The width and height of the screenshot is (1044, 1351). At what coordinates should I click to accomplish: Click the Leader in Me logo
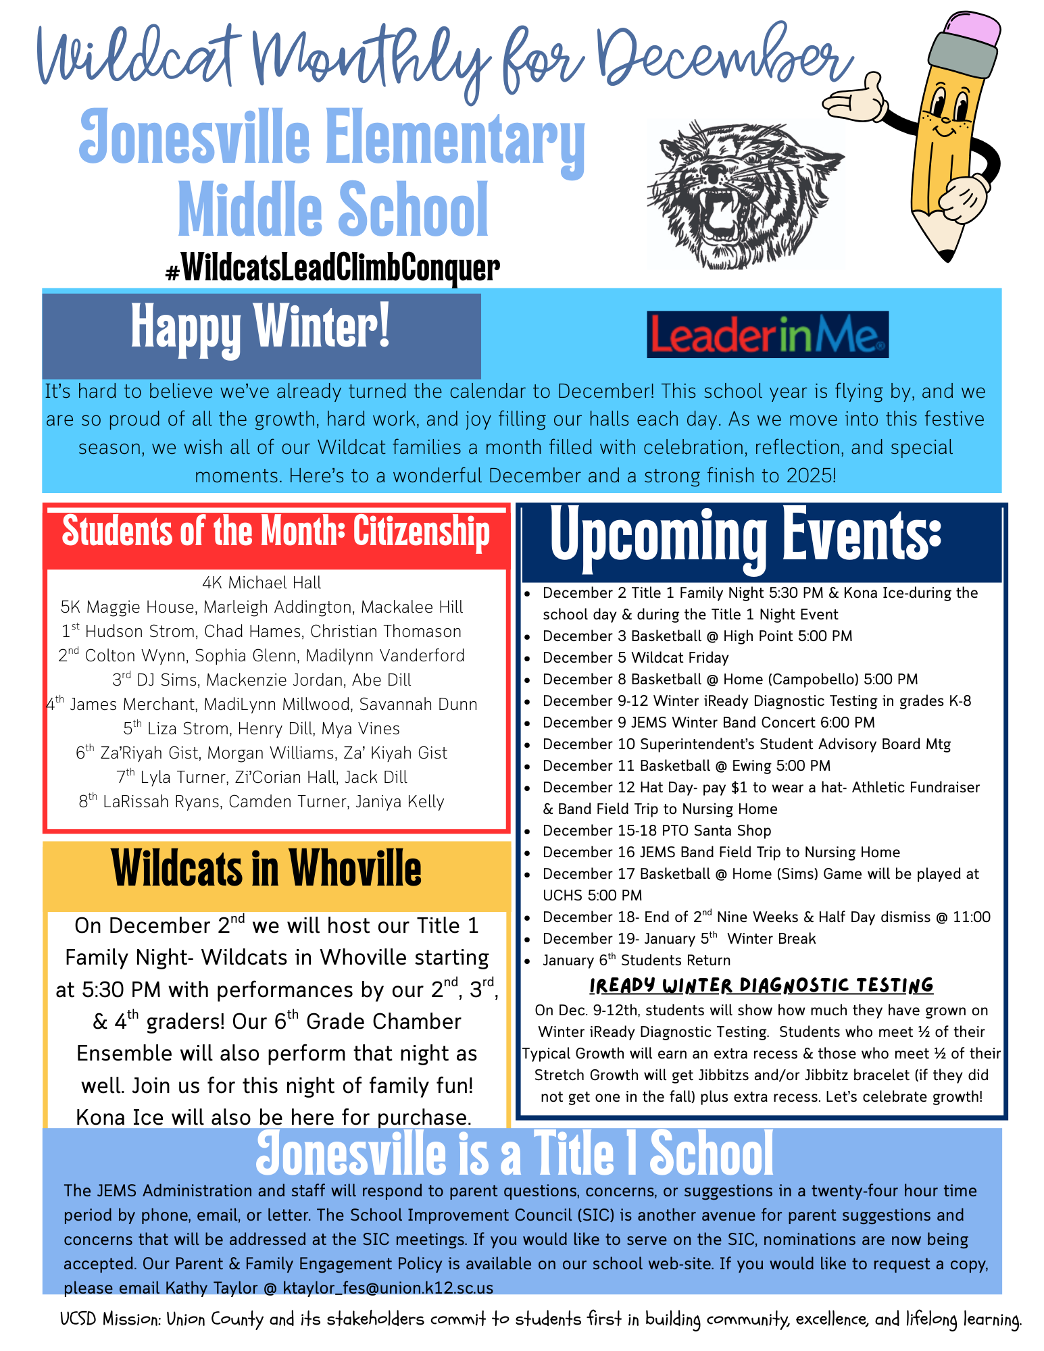tap(768, 334)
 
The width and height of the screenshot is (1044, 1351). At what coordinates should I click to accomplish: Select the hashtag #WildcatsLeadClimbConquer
tap(332, 268)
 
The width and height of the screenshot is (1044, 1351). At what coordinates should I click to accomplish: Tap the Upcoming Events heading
tap(745, 537)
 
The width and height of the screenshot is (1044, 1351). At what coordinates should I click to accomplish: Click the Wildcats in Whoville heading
tap(266, 869)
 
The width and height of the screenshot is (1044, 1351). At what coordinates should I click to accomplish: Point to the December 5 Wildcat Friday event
tap(635, 658)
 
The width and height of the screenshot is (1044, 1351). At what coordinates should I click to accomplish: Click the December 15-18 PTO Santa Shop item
tap(656, 831)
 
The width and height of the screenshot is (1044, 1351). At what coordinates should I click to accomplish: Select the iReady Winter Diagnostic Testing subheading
tap(761, 986)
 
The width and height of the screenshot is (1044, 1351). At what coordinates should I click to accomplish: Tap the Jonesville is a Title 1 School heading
tap(514, 1154)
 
